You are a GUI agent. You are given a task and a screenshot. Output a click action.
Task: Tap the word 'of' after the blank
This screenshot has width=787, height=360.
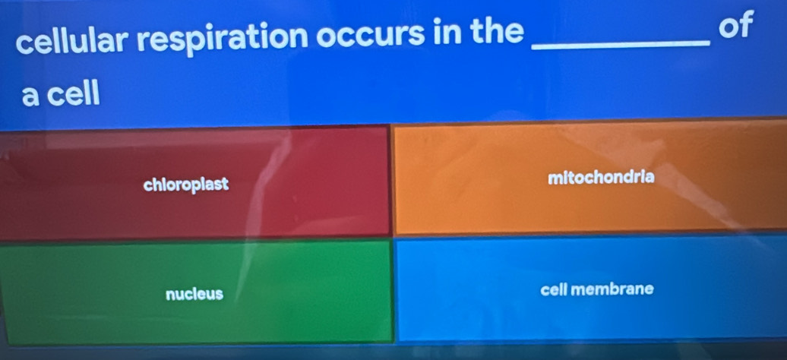pos(736,26)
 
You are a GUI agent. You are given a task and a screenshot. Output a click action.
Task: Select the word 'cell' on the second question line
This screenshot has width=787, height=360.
pos(75,94)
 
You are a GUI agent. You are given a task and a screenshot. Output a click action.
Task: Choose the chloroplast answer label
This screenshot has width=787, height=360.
pos(185,185)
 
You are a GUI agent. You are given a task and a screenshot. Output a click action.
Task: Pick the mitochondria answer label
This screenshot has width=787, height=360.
pos(602,177)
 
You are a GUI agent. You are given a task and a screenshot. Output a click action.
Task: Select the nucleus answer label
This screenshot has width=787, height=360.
pos(194,294)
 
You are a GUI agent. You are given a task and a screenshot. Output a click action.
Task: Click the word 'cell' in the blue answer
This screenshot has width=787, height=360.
pos(554,289)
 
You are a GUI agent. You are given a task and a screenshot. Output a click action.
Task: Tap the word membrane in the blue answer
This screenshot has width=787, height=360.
pos(612,289)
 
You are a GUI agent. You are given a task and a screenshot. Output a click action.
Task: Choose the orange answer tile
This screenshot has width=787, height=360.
pos(591,178)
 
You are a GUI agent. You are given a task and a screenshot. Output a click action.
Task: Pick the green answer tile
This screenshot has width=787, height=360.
pos(197,292)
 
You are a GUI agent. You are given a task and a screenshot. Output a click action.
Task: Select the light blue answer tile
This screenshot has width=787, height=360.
pos(591,288)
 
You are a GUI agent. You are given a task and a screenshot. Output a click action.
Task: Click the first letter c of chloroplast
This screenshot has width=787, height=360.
pos(147,186)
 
